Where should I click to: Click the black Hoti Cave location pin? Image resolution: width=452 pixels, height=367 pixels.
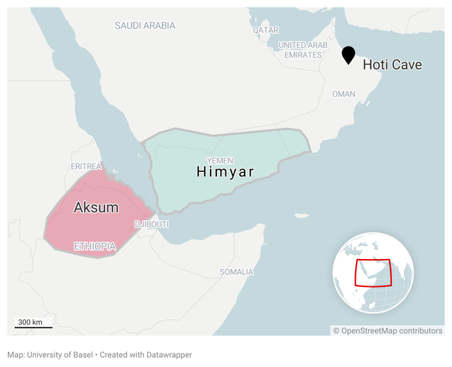pos(349,54)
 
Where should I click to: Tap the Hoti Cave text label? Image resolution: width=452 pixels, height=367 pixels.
pos(393,65)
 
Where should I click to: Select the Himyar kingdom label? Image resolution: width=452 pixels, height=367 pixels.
pos(225,172)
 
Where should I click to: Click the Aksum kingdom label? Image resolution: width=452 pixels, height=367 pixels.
pos(96,207)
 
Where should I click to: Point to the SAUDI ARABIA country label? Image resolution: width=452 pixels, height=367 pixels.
pos(145,26)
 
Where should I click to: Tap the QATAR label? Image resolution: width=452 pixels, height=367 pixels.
pos(265,30)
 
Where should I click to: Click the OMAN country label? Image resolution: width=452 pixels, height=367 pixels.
pos(344,94)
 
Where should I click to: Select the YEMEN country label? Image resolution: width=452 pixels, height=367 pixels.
pos(220,160)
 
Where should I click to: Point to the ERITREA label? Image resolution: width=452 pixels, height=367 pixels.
pos(87,167)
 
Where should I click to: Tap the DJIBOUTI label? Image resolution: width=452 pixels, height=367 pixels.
pos(152,224)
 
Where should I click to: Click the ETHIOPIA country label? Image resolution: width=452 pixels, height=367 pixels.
pos(95,246)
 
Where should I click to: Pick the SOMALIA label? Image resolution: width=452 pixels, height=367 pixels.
pos(236,272)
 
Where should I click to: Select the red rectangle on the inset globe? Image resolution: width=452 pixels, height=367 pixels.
pos(373,273)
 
